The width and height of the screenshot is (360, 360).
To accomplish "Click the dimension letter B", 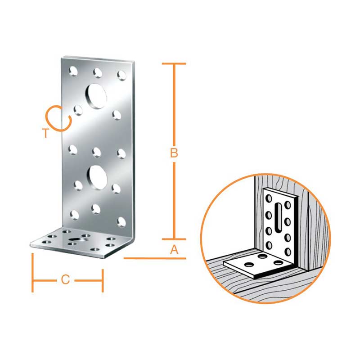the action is [x=174, y=153].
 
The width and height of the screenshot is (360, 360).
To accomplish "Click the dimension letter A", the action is [x=174, y=250].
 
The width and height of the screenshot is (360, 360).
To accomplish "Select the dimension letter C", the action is [x=65, y=280].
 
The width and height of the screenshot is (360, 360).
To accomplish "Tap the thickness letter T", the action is [x=46, y=133].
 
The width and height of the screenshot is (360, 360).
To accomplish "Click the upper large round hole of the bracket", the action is [x=96, y=96].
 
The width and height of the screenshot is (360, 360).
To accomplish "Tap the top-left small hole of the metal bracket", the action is [x=73, y=71].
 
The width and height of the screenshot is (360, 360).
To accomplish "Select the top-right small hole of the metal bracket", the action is [x=121, y=75].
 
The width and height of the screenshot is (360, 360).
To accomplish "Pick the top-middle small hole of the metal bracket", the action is [x=98, y=72].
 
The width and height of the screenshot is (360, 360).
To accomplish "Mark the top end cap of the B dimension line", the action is [x=174, y=63].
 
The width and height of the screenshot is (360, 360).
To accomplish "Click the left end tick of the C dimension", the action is [x=32, y=273].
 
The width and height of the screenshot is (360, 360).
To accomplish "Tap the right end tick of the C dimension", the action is [x=103, y=280].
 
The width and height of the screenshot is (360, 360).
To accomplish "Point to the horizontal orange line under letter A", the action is [x=155, y=258].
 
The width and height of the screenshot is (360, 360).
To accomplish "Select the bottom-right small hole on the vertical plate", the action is [x=121, y=222].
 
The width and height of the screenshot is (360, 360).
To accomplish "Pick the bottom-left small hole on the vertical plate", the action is [x=74, y=215].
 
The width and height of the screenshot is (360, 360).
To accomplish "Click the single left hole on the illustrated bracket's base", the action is [x=249, y=265].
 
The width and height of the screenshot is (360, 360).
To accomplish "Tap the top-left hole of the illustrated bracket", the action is [x=268, y=198].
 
